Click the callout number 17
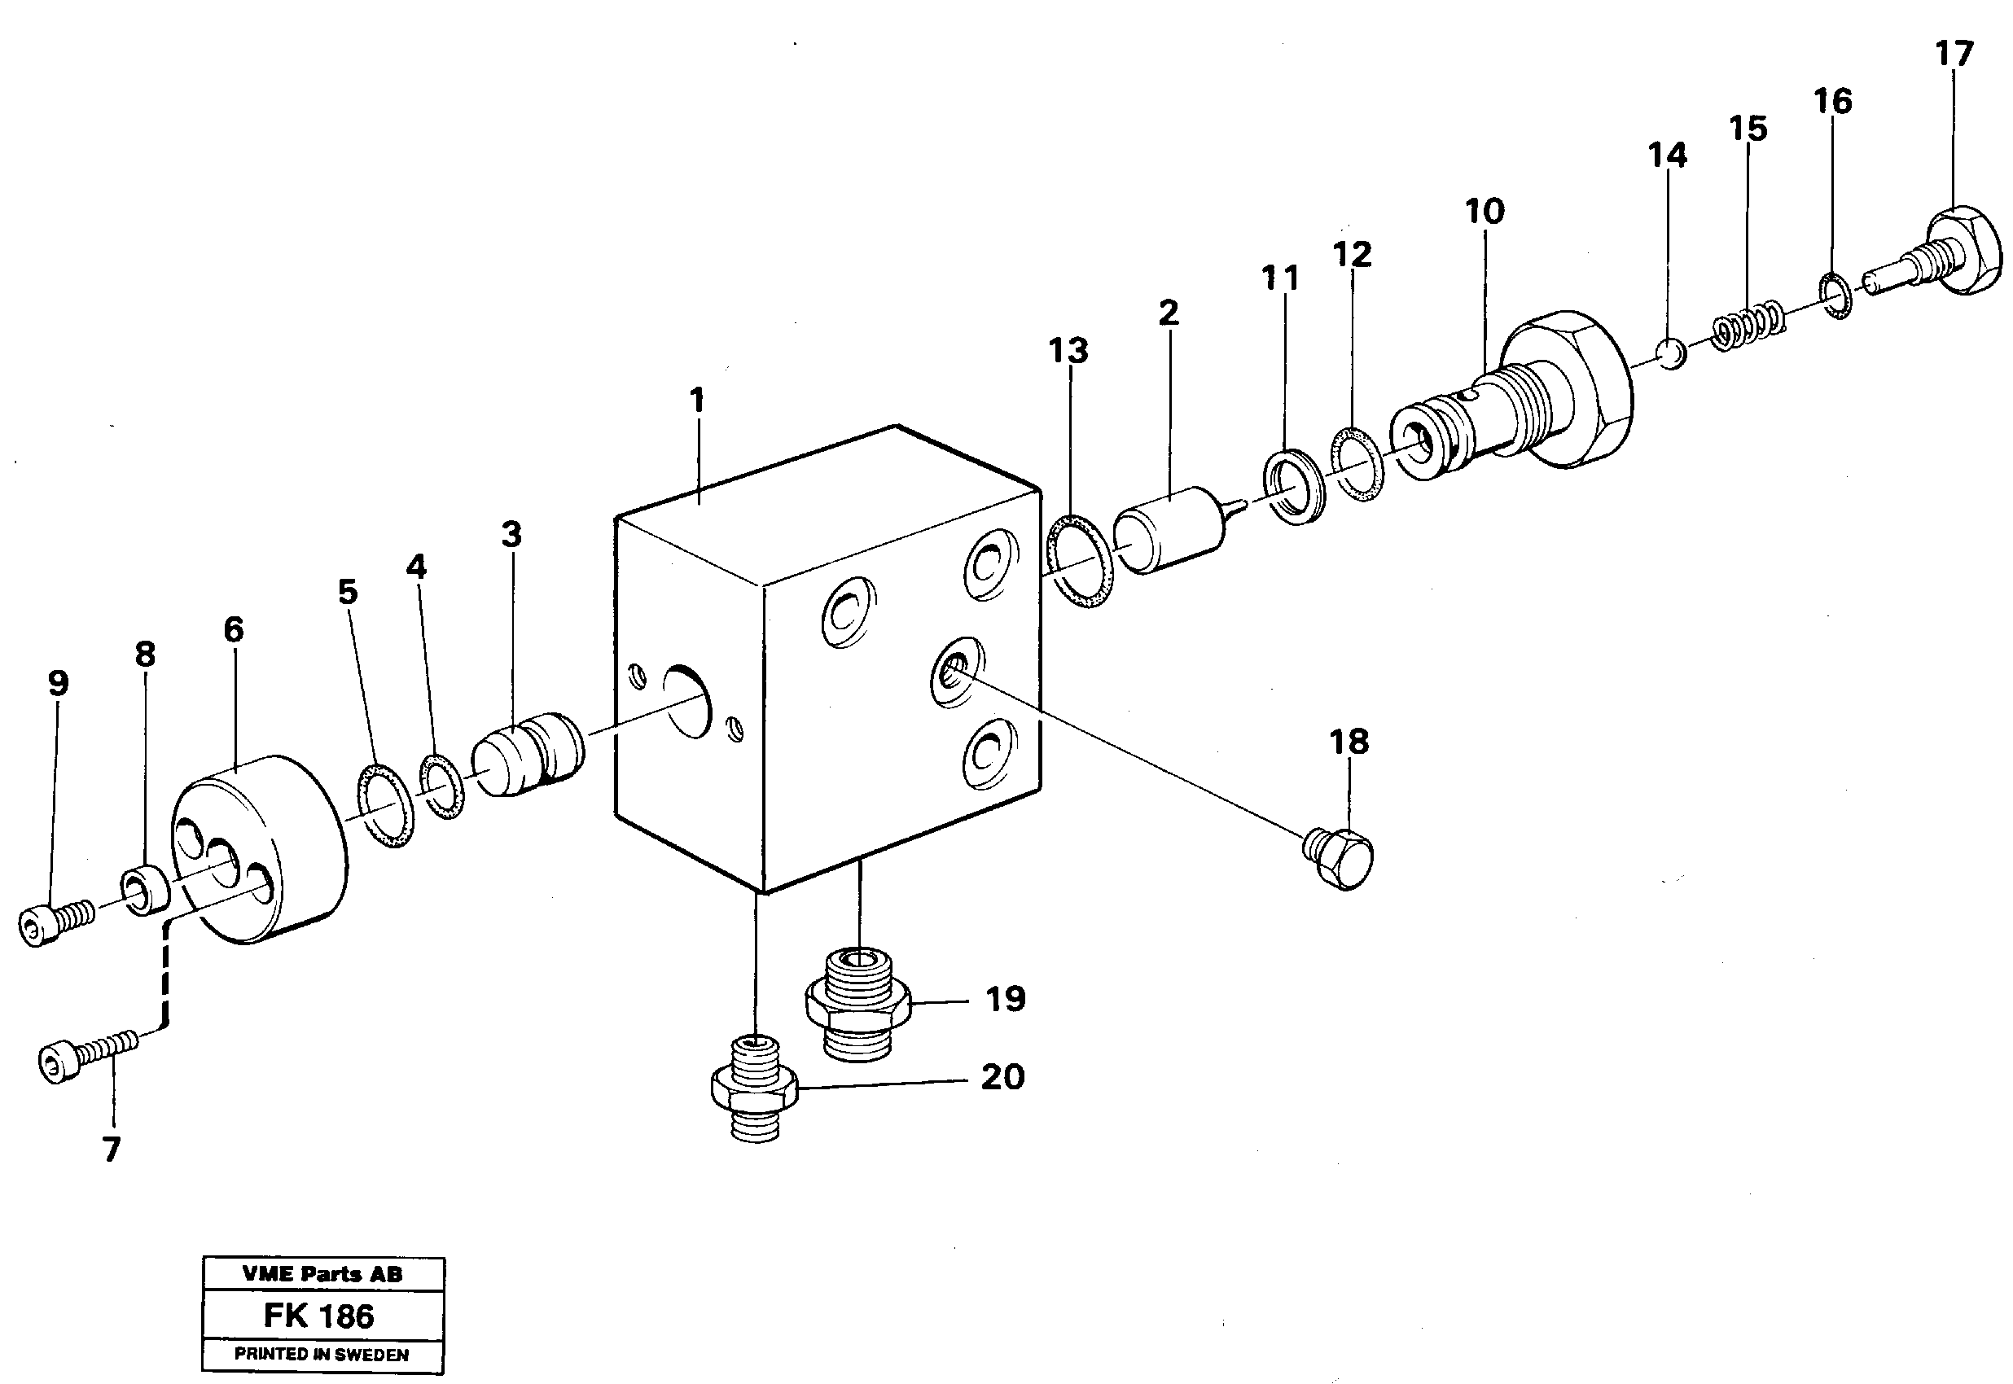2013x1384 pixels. [x=1954, y=55]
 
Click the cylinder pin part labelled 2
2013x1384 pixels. [x=1169, y=531]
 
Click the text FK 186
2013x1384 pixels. [x=318, y=1316]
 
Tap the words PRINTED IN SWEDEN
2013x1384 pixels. [x=321, y=1355]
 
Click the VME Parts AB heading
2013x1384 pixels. [x=322, y=1275]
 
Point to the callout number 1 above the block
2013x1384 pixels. [x=696, y=401]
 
